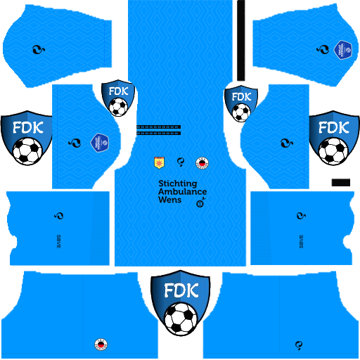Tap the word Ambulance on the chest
tap(182, 191)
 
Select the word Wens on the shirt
tap(169, 200)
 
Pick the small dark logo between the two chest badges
tap(181, 163)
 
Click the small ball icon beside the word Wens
tap(200, 204)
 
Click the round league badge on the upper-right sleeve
tap(344, 51)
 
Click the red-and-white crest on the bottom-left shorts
tap(101, 344)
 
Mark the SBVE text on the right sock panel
tap(302, 237)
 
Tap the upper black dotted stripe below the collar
tap(157, 127)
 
